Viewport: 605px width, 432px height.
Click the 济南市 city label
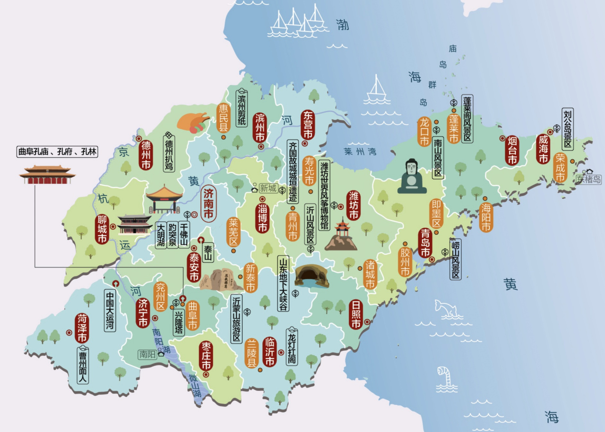tap(208, 204)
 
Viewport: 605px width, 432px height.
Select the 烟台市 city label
tap(512, 150)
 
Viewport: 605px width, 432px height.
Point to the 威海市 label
tap(543, 149)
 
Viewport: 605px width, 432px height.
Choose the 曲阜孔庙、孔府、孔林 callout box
tap(57, 152)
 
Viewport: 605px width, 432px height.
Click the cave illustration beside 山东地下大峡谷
tap(311, 276)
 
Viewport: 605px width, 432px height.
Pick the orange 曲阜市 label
tap(192, 315)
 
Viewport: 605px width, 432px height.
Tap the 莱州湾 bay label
tap(360, 152)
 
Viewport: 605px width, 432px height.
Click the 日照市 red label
tap(355, 314)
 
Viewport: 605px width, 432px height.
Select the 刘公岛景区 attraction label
tap(567, 129)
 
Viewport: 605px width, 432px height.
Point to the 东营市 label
tap(308, 125)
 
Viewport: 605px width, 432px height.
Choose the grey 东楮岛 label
tap(589, 179)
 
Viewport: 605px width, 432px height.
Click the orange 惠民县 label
tap(223, 118)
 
